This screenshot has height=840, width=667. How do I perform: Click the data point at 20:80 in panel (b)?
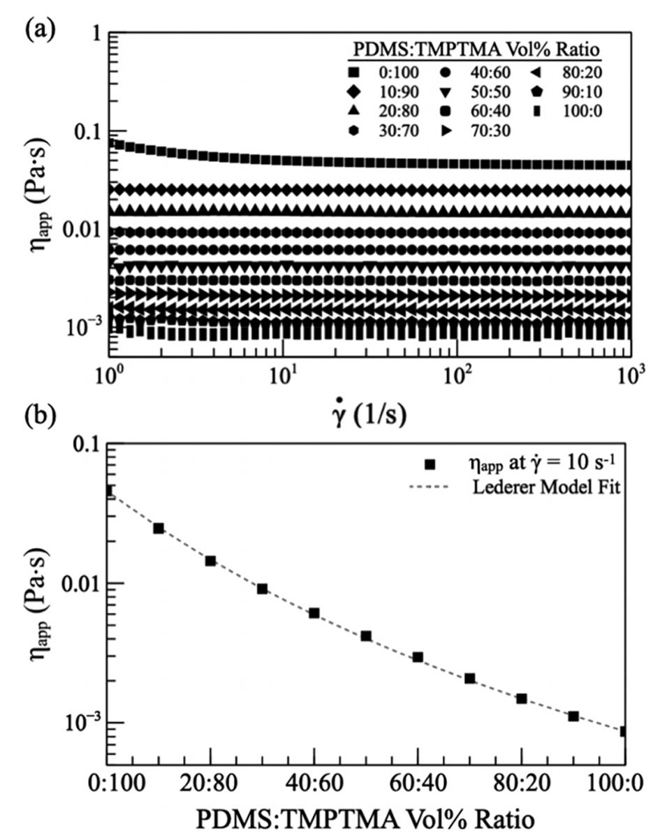click(x=210, y=561)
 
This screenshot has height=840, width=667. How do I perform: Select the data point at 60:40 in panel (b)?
click(x=418, y=657)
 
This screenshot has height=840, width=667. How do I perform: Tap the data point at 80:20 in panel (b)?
click(x=521, y=698)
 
